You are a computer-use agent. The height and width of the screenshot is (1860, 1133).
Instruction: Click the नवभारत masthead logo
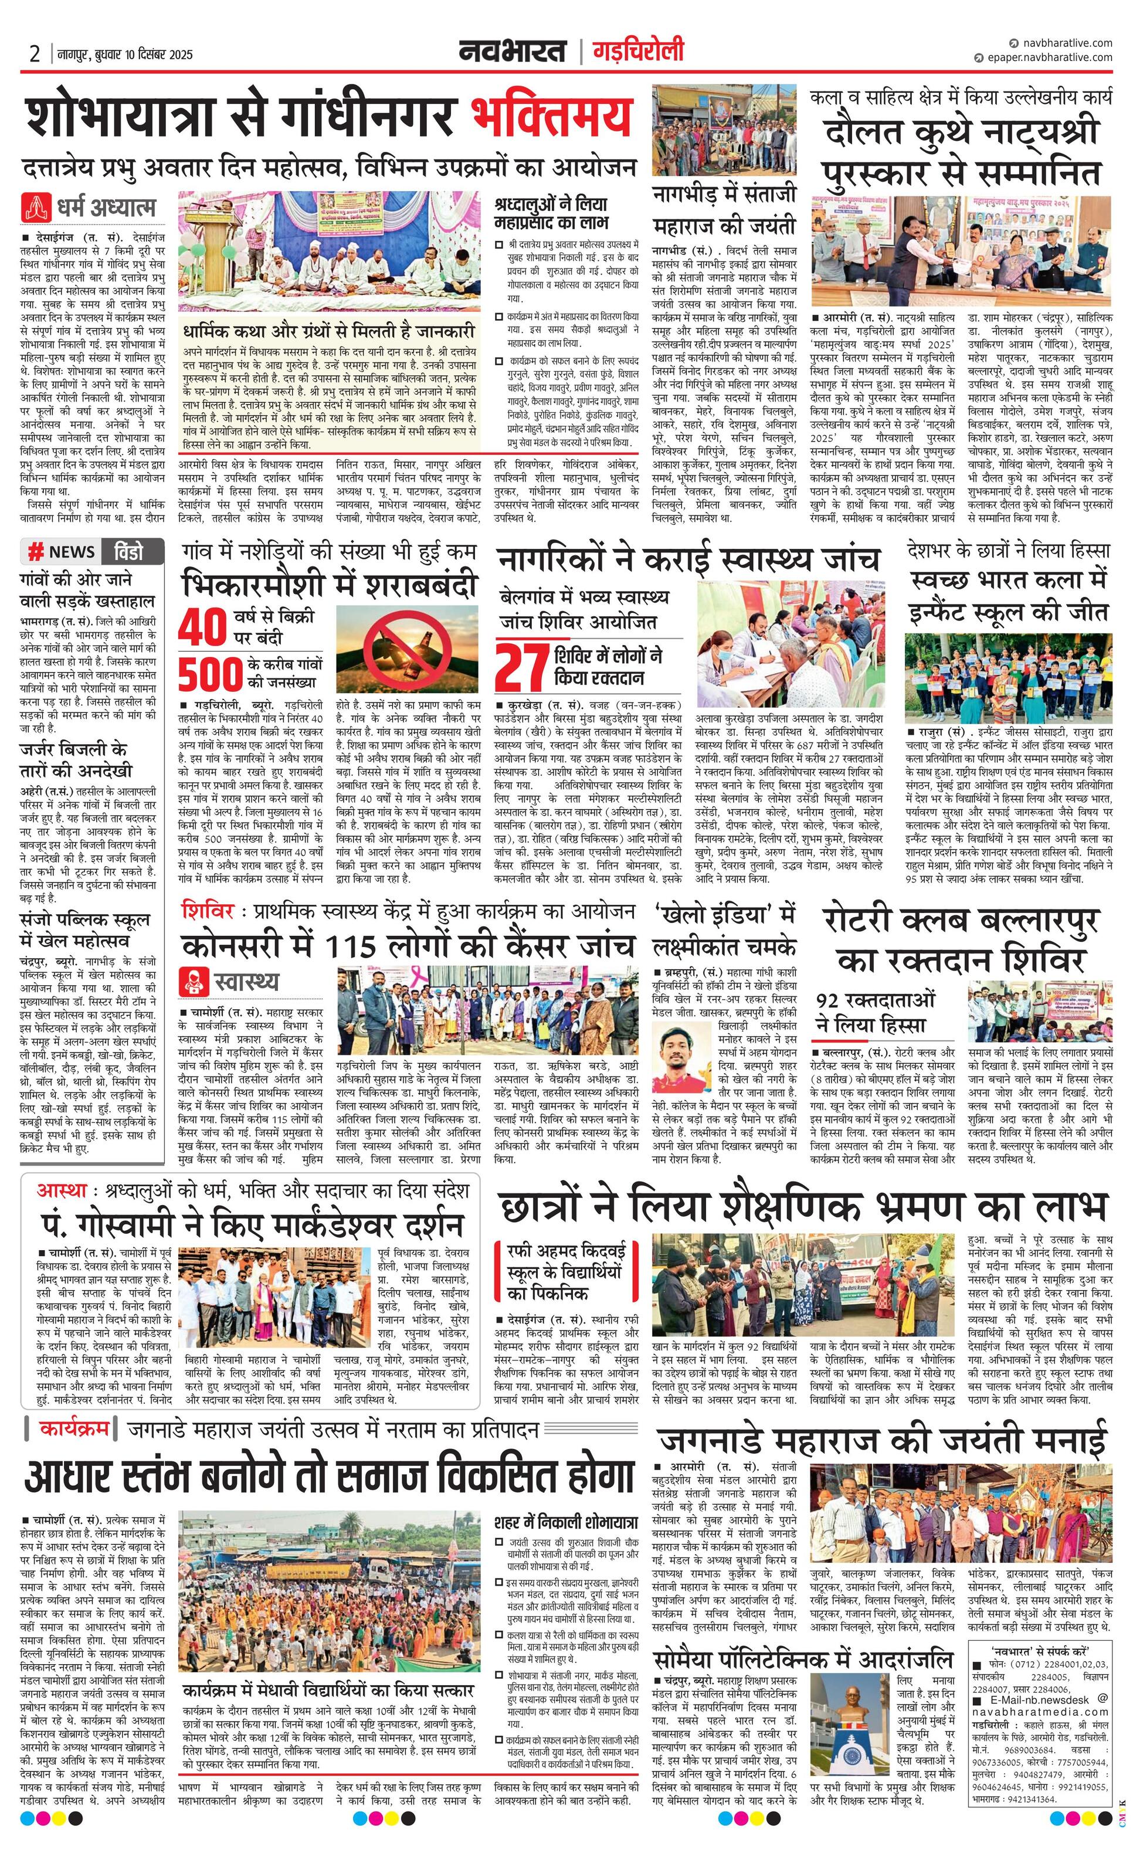click(x=513, y=52)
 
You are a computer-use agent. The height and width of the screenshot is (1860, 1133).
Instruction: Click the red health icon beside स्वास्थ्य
click(x=194, y=982)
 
